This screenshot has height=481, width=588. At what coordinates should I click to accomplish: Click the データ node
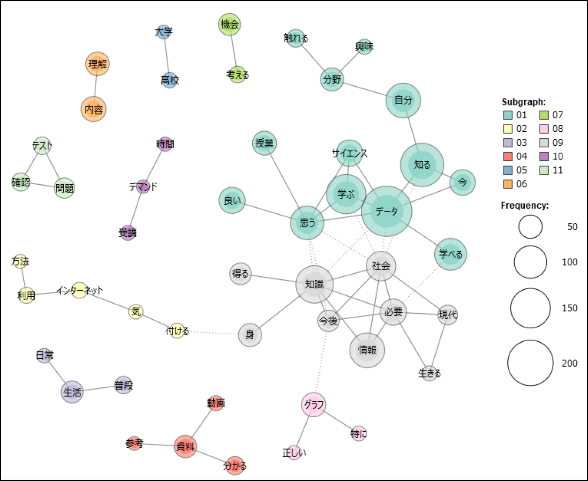pyautogui.click(x=386, y=211)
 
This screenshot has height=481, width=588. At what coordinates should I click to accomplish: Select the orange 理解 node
pyautogui.click(x=98, y=64)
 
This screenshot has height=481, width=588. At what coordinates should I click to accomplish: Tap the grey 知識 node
pyautogui.click(x=314, y=284)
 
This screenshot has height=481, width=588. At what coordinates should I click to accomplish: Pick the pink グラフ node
pyautogui.click(x=313, y=405)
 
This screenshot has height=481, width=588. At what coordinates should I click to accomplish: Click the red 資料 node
pyautogui.click(x=185, y=447)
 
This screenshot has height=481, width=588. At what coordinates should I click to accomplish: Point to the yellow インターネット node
pyautogui.click(x=80, y=291)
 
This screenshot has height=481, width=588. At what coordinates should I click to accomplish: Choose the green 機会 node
pyautogui.click(x=230, y=25)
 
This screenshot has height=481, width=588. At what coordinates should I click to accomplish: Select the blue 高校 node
pyautogui.click(x=170, y=80)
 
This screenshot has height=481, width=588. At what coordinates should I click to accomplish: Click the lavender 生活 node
pyautogui.click(x=72, y=392)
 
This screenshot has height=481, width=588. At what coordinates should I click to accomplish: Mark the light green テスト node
pyautogui.click(x=42, y=146)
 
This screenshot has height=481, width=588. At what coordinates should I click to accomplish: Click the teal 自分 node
pyautogui.click(x=403, y=100)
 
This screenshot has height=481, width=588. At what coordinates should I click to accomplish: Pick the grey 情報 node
pyautogui.click(x=367, y=350)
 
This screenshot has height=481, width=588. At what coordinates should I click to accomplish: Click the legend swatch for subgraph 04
pyautogui.click(x=508, y=156)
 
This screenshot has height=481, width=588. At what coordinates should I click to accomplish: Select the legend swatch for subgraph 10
pyautogui.click(x=545, y=156)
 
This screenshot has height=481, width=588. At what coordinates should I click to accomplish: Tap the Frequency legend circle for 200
pyautogui.click(x=530, y=363)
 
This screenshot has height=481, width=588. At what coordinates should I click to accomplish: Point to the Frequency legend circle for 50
pyautogui.click(x=530, y=227)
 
